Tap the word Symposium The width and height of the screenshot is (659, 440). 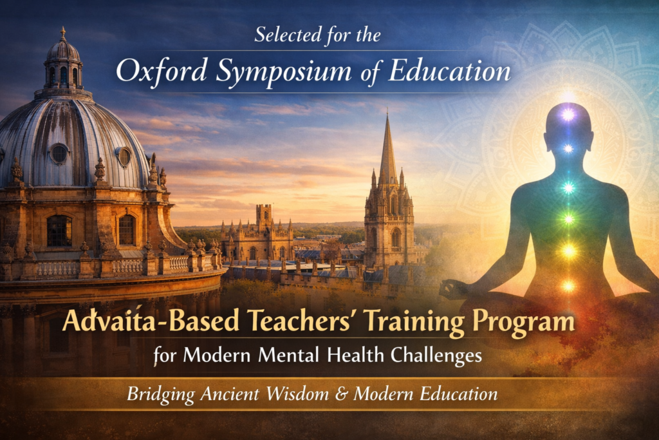[x=283, y=72]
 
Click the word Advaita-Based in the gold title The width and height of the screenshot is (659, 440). [x=151, y=321]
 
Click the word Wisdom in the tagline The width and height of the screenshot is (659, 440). [x=297, y=394]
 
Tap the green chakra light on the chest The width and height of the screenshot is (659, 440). [x=569, y=219]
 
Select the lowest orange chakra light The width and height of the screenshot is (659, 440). [x=569, y=286]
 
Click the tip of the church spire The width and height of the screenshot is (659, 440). [x=387, y=110]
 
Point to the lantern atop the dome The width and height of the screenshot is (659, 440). [x=63, y=62]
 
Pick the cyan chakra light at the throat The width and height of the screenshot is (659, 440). [x=569, y=187]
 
